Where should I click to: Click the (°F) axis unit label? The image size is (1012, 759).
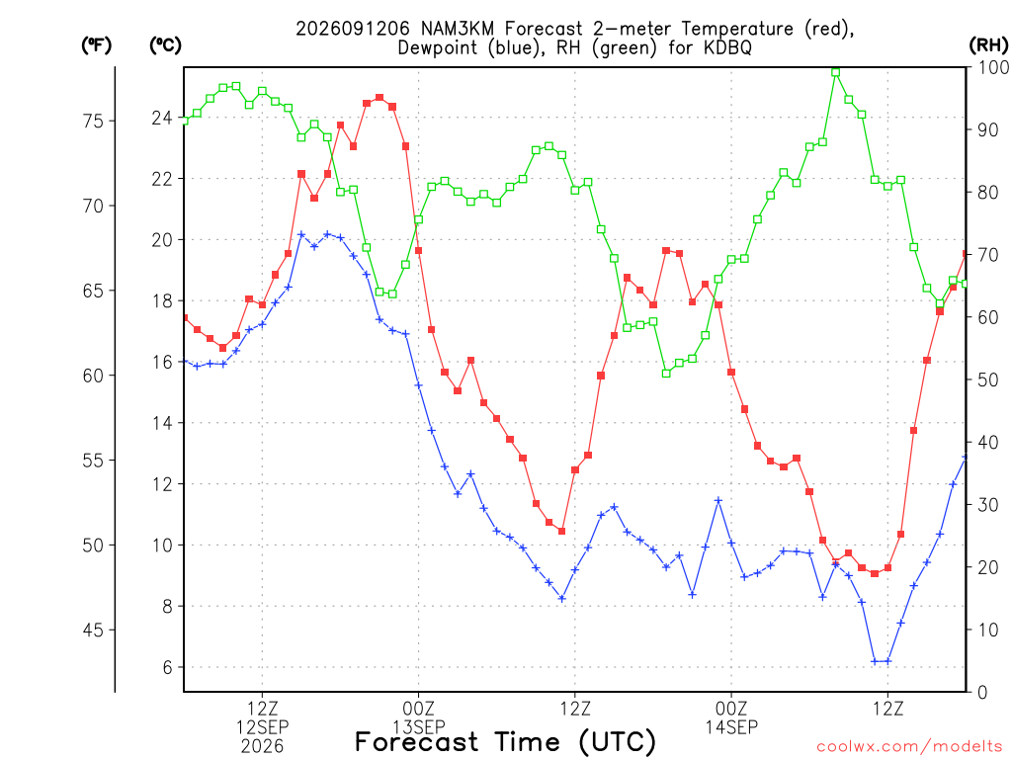tap(96, 45)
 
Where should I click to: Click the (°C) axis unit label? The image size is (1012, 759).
tap(165, 45)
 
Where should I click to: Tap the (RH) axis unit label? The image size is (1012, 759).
tap(988, 45)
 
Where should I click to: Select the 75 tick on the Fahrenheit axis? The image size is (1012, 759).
tap(93, 121)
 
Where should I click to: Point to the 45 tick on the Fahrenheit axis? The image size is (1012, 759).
tap(93, 630)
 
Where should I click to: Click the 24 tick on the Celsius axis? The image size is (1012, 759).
tap(161, 118)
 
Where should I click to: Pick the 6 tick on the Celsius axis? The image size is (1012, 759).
tap(167, 667)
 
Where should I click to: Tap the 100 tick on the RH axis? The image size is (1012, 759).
tap(993, 67)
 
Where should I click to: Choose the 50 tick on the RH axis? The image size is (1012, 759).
tap(988, 379)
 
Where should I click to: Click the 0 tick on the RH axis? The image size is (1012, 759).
tap(982, 693)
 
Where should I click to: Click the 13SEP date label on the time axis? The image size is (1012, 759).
tap(419, 727)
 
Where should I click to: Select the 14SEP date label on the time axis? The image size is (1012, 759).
tap(731, 727)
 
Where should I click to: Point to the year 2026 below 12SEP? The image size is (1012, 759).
tap(262, 747)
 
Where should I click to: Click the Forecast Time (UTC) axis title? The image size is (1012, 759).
tap(505, 742)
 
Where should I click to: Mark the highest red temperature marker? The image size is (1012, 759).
tap(379, 98)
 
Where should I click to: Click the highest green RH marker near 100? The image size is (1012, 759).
tap(836, 72)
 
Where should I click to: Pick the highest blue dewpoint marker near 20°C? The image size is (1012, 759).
tap(301, 234)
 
